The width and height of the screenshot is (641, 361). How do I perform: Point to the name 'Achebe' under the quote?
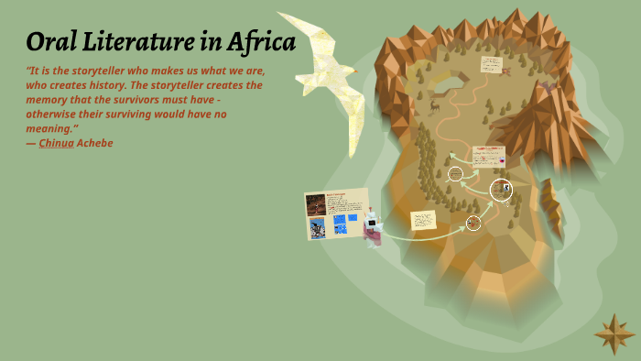[95, 143]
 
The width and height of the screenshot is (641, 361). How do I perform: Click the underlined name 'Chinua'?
[56, 143]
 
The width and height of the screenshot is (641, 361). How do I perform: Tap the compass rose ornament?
[614, 334]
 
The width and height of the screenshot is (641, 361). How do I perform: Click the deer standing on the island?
[434, 105]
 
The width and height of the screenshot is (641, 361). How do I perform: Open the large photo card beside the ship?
[337, 214]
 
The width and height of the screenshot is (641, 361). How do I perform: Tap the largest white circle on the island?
[501, 190]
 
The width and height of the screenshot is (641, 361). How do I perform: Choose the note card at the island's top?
[492, 64]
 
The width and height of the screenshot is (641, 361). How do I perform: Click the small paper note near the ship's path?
[423, 220]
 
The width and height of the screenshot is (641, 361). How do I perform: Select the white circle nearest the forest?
[455, 174]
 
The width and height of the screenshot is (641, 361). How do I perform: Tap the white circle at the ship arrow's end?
[473, 223]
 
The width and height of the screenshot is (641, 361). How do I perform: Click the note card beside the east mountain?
[488, 156]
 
